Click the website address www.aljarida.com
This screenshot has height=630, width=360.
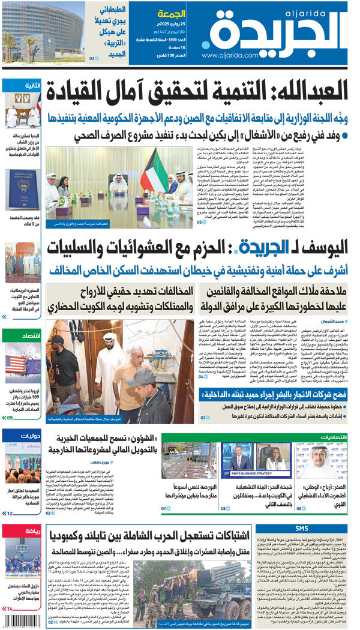tap(234, 55)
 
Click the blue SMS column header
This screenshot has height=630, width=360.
tap(301, 529)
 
